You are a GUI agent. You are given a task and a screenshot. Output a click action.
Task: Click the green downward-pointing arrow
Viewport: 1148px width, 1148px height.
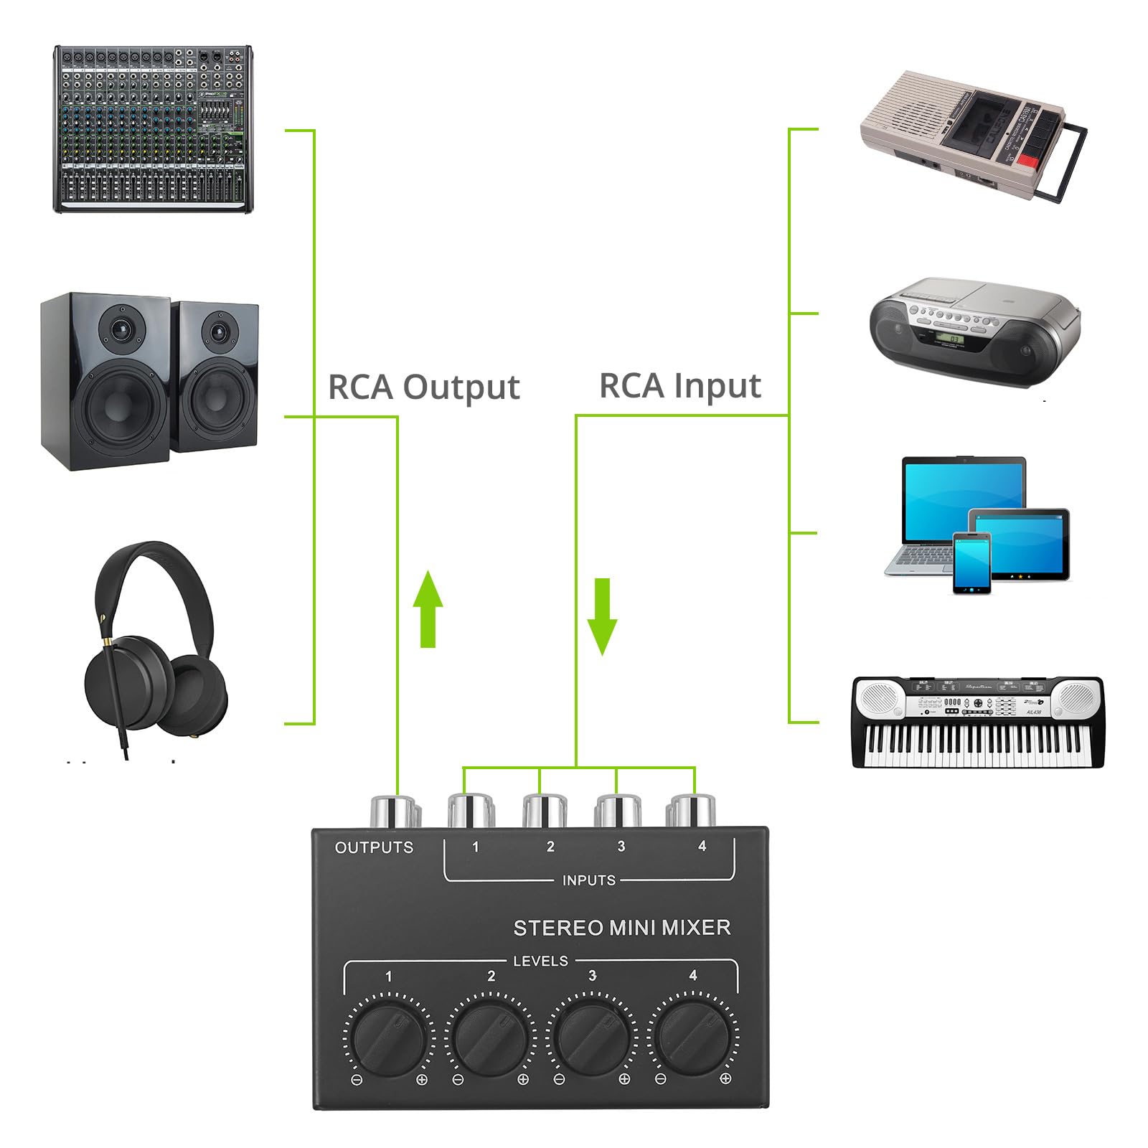point(602,616)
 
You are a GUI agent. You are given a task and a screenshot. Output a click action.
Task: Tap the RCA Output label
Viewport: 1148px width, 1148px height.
point(423,387)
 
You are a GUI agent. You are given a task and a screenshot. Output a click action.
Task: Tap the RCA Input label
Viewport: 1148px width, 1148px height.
point(679,386)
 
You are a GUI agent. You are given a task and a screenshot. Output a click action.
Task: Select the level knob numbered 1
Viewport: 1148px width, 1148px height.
point(388,1037)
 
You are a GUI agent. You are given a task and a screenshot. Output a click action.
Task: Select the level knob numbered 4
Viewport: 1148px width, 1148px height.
point(691,1035)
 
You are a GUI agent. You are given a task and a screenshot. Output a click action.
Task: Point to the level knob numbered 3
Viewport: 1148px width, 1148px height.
point(591,1036)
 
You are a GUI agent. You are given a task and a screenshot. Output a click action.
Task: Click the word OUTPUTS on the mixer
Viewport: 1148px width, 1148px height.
point(374,847)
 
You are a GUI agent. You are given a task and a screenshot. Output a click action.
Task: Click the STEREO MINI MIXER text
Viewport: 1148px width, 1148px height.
point(622,928)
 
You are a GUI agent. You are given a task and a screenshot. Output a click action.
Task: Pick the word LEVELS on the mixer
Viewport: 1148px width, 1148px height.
point(540,961)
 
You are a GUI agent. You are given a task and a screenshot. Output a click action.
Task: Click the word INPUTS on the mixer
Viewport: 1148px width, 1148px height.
point(588,880)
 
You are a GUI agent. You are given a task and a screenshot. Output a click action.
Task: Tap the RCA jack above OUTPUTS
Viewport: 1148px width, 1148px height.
point(393,811)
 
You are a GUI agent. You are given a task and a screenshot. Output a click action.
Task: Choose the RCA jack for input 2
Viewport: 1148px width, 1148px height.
point(545,811)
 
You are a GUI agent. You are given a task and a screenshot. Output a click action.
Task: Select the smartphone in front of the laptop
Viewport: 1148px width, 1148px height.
point(972,563)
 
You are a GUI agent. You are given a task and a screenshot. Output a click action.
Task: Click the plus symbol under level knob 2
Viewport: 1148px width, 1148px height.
point(523,1099)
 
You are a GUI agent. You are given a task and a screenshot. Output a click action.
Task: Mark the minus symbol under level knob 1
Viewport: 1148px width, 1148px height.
point(357,1100)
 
